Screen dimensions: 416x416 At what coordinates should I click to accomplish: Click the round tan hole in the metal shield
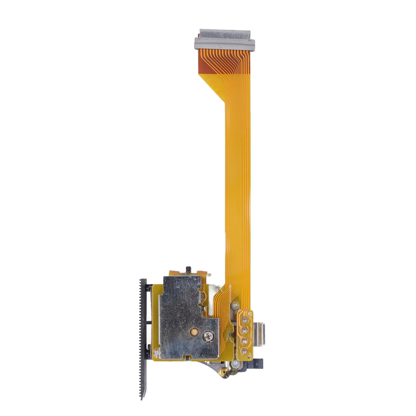pyautogui.click(x=194, y=331)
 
